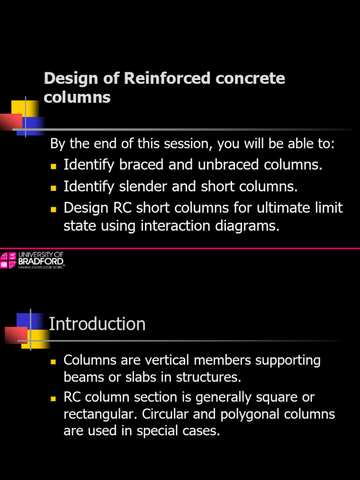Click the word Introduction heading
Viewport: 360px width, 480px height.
coord(97,324)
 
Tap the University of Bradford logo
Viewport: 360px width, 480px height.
coord(32,260)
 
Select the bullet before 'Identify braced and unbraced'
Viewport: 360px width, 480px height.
coord(53,166)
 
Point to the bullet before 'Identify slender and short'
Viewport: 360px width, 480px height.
coord(53,187)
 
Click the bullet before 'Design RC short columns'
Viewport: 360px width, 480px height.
coord(53,208)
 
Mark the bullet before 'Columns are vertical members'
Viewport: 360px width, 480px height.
coord(53,361)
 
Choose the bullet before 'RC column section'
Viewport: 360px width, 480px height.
coord(53,398)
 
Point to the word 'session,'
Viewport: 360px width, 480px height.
coord(182,143)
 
